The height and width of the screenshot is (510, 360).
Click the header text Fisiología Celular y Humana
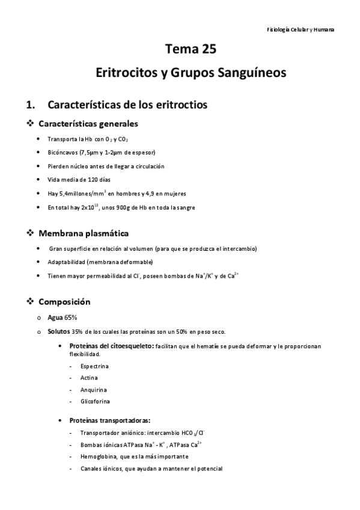click(301, 29)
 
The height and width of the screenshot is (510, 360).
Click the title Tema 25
click(191, 49)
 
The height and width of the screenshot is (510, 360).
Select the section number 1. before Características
click(31, 105)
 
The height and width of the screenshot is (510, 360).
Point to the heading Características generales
click(88, 124)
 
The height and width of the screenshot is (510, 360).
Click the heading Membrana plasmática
click(84, 233)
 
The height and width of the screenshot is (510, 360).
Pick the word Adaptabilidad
click(67, 262)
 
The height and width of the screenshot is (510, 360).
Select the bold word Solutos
click(58, 331)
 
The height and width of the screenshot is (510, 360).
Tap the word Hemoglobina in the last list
click(99, 456)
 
